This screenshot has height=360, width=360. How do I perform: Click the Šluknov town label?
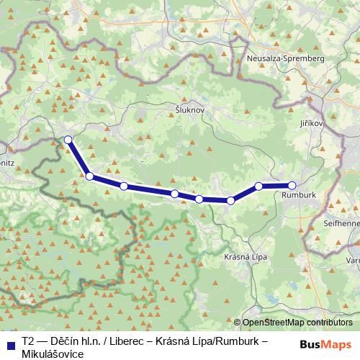[x=191, y=109]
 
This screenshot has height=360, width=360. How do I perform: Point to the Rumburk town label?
[x=300, y=194]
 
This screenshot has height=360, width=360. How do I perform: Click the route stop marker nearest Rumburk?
[x=292, y=185]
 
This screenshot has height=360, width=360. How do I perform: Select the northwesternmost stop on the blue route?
[x=68, y=140]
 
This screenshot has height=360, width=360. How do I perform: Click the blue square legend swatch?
[x=11, y=344]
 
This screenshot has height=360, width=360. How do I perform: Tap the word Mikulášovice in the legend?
[x=53, y=354]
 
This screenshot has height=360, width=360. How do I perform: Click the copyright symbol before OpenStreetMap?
[x=237, y=323]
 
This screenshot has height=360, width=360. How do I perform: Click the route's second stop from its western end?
[x=89, y=176]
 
